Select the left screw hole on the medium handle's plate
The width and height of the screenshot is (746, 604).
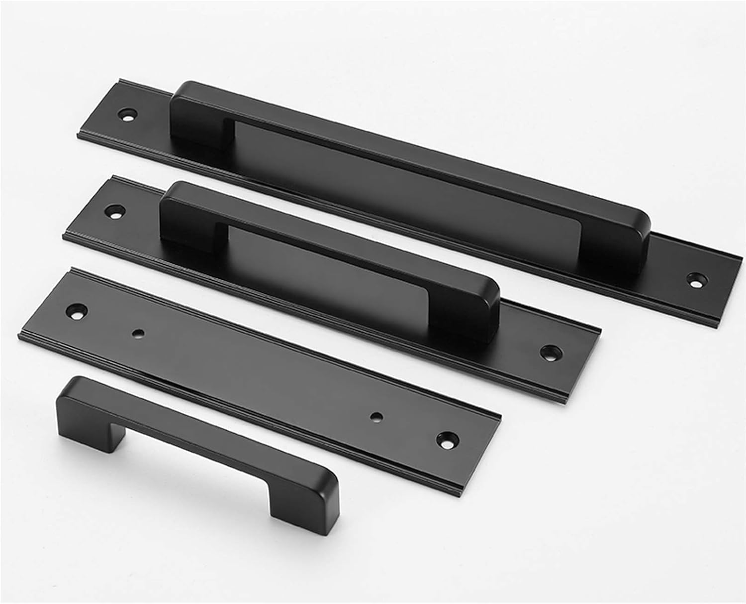116,210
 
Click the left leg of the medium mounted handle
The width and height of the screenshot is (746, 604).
179,219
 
